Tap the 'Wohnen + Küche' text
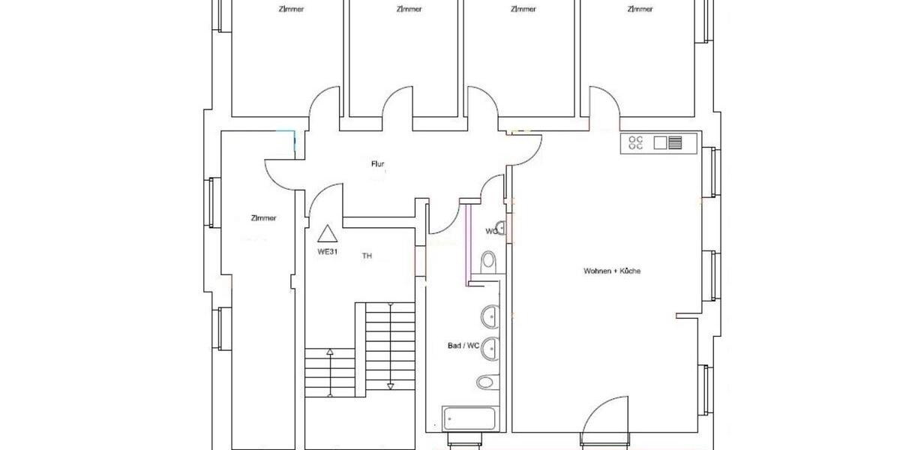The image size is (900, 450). pos(611,271)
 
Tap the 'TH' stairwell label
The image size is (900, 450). pos(367,256)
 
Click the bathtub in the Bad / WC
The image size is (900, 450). pos(469,418)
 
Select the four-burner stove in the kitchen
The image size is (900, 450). pos(636,142)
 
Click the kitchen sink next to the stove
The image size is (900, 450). pos(668,142)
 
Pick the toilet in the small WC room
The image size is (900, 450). pos(488,262)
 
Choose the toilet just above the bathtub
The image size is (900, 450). pos(485,382)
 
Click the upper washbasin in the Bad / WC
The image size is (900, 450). pos(490,316)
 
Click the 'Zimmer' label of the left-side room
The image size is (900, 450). pos(263,218)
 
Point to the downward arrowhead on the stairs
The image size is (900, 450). pos(390,385)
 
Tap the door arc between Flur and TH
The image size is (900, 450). pos(325,201)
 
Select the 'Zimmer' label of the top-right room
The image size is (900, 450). pos(640,10)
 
